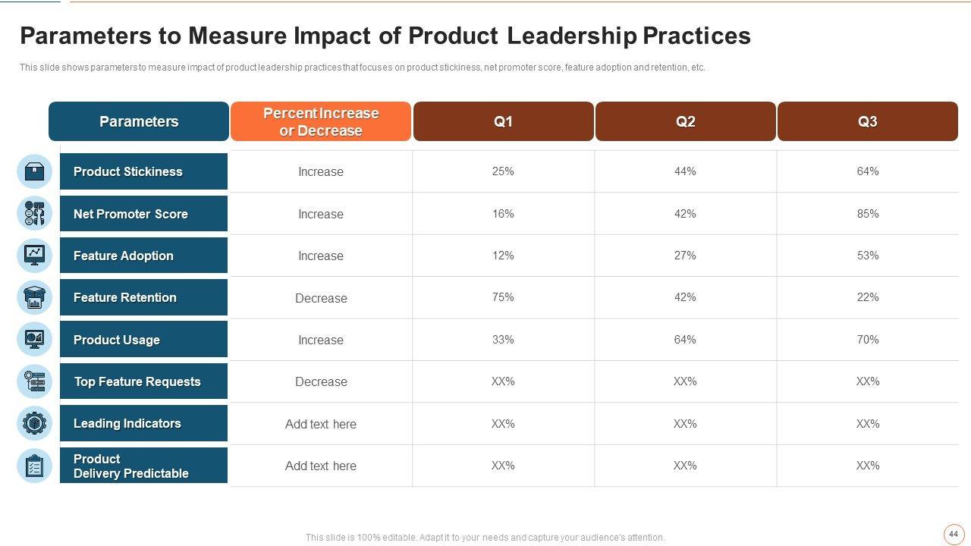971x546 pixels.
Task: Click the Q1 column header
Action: (x=503, y=121)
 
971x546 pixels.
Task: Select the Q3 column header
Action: (x=867, y=121)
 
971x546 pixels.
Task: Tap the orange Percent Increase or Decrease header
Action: (x=321, y=121)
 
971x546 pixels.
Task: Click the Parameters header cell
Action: (x=139, y=121)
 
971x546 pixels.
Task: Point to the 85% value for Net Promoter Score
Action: (x=867, y=214)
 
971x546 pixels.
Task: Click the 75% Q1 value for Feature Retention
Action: (x=503, y=297)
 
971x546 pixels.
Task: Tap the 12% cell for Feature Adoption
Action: (x=503, y=256)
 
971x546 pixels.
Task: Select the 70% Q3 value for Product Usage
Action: (x=867, y=340)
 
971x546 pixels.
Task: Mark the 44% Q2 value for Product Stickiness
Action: (x=685, y=171)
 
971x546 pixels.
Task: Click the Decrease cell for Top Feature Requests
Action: (x=321, y=381)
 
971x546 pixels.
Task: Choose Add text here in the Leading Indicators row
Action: (x=321, y=424)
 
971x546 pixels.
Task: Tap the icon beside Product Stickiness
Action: (x=34, y=171)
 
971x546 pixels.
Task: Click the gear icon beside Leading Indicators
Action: (x=34, y=423)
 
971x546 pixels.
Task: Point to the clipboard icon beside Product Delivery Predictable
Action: (x=34, y=466)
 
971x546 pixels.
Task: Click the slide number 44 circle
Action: (x=954, y=534)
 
